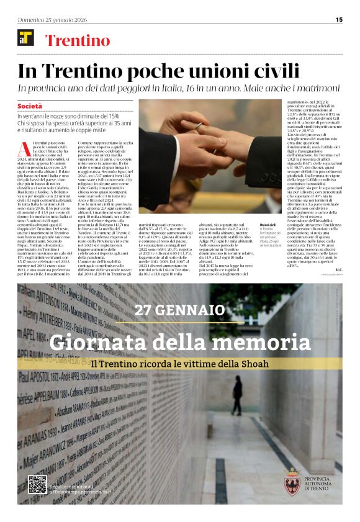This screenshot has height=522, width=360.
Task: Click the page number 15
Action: click(339, 19)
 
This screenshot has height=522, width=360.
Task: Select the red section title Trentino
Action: click(78, 41)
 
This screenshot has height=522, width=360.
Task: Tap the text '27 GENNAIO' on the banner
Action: click(180, 310)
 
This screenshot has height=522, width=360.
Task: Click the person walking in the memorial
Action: click(237, 395)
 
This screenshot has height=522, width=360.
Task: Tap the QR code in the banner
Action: click(37, 484)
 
